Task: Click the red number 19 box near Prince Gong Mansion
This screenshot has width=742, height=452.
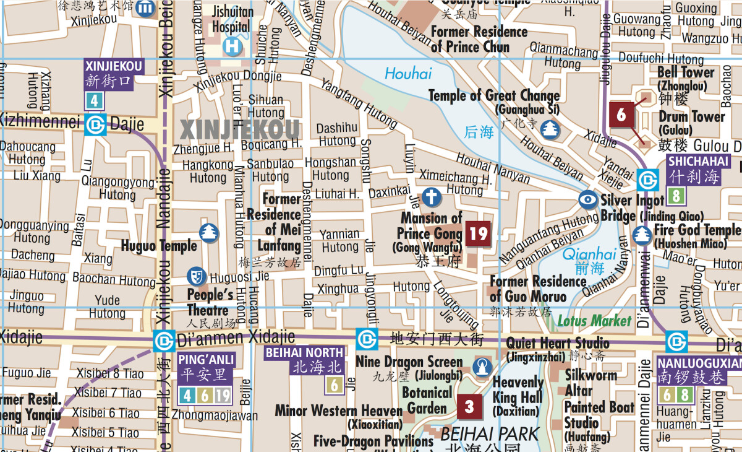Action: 478,234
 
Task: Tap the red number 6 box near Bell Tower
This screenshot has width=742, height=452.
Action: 621,115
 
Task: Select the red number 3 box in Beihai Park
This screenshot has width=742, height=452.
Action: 469,406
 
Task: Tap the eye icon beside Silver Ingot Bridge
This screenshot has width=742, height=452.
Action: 588,199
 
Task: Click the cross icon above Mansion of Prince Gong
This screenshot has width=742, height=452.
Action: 432,198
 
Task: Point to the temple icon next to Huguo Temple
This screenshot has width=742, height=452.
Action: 210,233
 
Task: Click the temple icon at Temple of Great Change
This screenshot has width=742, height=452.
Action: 550,129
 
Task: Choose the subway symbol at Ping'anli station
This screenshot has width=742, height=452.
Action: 164,341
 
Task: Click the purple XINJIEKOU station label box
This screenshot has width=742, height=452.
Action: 114,74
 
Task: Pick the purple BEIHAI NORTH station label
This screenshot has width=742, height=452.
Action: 304,360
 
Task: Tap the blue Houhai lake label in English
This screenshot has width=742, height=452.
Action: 408,74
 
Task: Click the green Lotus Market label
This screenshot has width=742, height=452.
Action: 595,321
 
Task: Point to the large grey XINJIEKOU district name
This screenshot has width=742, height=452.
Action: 239,130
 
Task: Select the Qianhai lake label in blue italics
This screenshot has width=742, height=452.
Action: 590,254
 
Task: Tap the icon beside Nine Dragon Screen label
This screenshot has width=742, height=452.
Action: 482,367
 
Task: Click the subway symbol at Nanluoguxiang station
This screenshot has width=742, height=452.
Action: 676,341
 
